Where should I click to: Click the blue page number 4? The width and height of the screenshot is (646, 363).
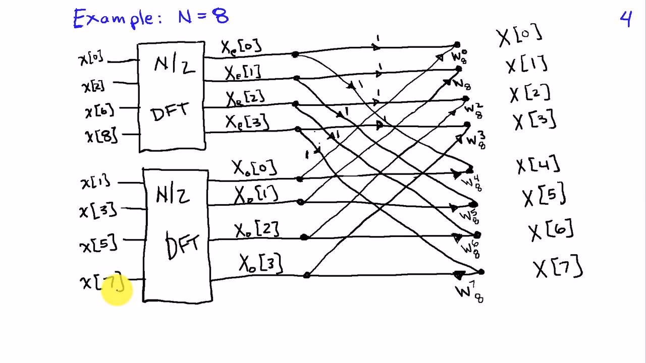tap(625, 19)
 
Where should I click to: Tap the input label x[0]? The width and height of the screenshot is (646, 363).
tap(91, 58)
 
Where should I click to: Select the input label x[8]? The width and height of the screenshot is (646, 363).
tap(101, 135)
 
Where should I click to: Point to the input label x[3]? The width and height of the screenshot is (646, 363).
tap(98, 209)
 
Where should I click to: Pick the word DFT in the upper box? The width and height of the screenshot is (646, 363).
tap(171, 111)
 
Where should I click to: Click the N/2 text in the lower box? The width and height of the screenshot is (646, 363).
tap(173, 193)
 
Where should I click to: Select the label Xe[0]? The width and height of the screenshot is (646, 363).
tap(241, 46)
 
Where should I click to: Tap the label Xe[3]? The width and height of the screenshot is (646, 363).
tap(247, 122)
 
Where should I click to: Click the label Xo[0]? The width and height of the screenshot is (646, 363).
tap(254, 167)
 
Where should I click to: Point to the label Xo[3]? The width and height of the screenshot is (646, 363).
tap(260, 263)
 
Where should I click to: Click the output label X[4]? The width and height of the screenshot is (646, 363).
tap(538, 165)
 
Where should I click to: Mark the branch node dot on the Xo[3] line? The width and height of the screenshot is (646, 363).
tap(306, 275)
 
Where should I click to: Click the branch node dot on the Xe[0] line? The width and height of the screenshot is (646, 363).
tap(295, 54)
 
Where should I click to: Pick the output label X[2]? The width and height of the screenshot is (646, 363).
tap(529, 94)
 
